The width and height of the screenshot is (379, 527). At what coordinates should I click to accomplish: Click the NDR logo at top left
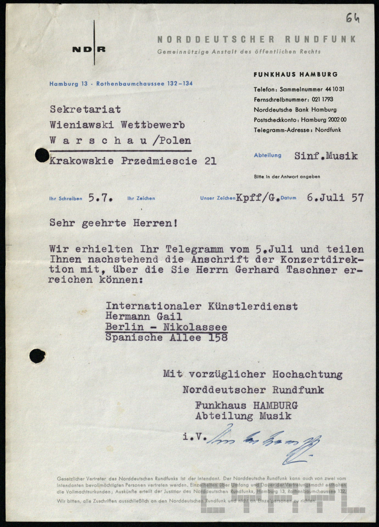tap(89, 49)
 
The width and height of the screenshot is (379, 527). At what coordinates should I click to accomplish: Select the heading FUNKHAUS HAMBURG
tap(295, 74)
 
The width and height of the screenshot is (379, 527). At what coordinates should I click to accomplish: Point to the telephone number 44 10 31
tap(335, 89)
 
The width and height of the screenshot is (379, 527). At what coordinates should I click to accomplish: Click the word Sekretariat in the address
tap(85, 110)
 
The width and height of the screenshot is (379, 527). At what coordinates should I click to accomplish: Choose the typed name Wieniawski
tap(82, 125)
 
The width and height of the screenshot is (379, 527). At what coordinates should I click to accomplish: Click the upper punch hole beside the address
tap(42, 156)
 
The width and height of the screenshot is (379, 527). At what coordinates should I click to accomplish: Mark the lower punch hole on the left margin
tap(37, 356)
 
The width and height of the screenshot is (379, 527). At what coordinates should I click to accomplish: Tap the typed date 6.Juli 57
tap(335, 198)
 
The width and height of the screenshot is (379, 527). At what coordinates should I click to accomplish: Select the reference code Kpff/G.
tap(258, 198)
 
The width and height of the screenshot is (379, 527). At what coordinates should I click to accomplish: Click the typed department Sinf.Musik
tap(326, 156)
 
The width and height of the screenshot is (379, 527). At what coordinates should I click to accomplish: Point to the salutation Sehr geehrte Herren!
tap(113, 223)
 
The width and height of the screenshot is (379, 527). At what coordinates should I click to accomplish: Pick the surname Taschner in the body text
tap(311, 270)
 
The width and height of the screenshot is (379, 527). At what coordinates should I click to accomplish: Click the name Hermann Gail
tap(144, 316)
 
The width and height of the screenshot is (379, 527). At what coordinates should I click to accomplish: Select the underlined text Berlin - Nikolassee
tap(166, 327)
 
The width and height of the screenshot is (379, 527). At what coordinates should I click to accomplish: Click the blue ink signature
tap(263, 443)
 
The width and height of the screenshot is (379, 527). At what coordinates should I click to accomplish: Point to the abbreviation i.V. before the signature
tap(195, 436)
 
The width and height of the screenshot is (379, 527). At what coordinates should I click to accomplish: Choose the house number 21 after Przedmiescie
tap(210, 161)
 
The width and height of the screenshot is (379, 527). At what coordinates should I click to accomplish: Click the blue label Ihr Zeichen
tap(141, 198)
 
